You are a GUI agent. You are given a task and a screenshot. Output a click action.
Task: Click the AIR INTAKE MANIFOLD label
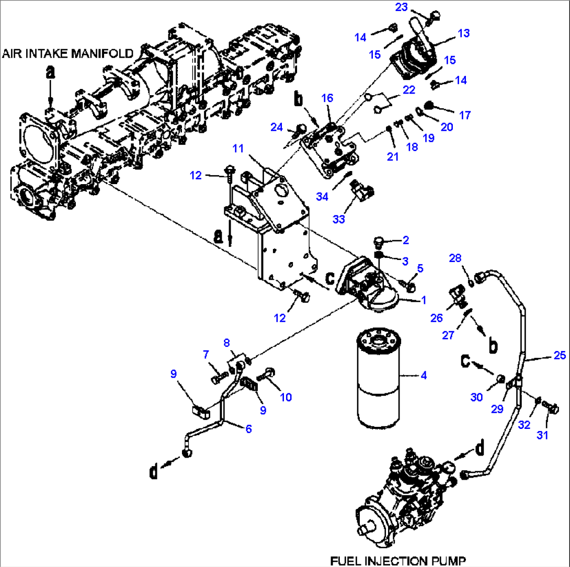coord(68,53)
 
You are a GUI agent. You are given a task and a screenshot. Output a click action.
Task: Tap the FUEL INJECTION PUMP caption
coord(397,560)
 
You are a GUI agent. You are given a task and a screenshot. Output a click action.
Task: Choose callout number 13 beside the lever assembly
coord(463,33)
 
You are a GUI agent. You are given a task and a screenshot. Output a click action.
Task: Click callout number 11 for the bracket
coord(238,149)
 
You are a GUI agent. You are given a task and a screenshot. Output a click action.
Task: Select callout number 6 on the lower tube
coord(248,428)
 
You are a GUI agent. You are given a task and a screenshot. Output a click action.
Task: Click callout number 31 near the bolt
coord(543,434)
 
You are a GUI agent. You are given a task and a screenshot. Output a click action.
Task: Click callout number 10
coord(285,397)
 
